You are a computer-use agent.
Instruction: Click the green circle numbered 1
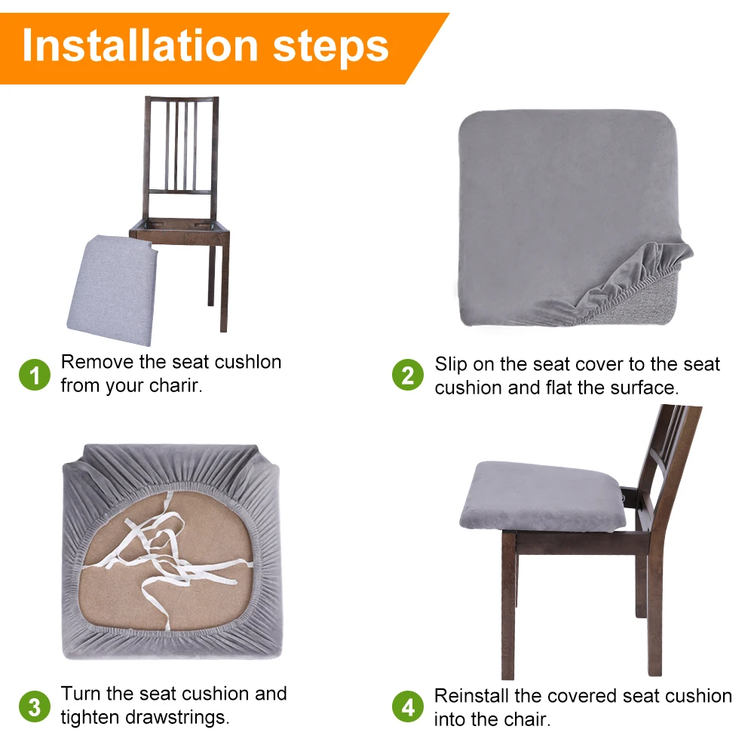tap(35, 375)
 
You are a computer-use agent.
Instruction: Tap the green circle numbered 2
tap(408, 375)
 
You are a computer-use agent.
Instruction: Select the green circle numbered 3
tap(35, 707)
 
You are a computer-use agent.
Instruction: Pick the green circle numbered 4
tap(408, 707)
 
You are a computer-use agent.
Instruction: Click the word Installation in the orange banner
tap(140, 46)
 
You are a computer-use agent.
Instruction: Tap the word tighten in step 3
tap(90, 718)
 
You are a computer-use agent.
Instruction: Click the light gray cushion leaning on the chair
tap(113, 290)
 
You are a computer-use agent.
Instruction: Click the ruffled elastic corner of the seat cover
tap(635, 277)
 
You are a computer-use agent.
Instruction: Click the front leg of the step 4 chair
tap(508, 606)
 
